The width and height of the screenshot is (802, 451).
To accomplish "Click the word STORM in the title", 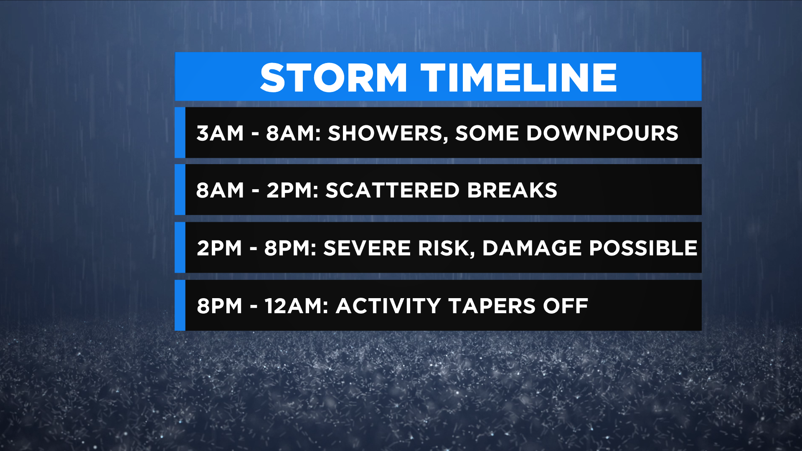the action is click(x=333, y=78).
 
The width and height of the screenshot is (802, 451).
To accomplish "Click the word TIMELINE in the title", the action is click(x=519, y=78).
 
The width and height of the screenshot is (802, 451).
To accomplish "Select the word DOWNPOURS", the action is click(x=602, y=133).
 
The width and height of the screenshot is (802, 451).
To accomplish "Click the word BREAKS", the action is click(x=512, y=190).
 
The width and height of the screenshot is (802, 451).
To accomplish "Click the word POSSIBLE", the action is click(x=643, y=248).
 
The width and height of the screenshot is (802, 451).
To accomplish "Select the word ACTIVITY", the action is click(x=388, y=306).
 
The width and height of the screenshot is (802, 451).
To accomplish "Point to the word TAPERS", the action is click(x=492, y=306).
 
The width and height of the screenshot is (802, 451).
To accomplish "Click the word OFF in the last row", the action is click(x=566, y=306).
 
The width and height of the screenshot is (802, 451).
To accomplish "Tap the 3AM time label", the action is click(x=220, y=134).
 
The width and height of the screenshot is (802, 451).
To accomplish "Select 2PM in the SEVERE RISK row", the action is click(x=219, y=248).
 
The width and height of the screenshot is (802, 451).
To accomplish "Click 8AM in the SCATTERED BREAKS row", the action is click(x=220, y=190).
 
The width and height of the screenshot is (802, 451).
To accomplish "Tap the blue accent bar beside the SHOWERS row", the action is click(x=180, y=133).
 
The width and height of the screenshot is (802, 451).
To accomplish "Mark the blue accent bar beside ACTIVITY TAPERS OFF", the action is click(x=180, y=305).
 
